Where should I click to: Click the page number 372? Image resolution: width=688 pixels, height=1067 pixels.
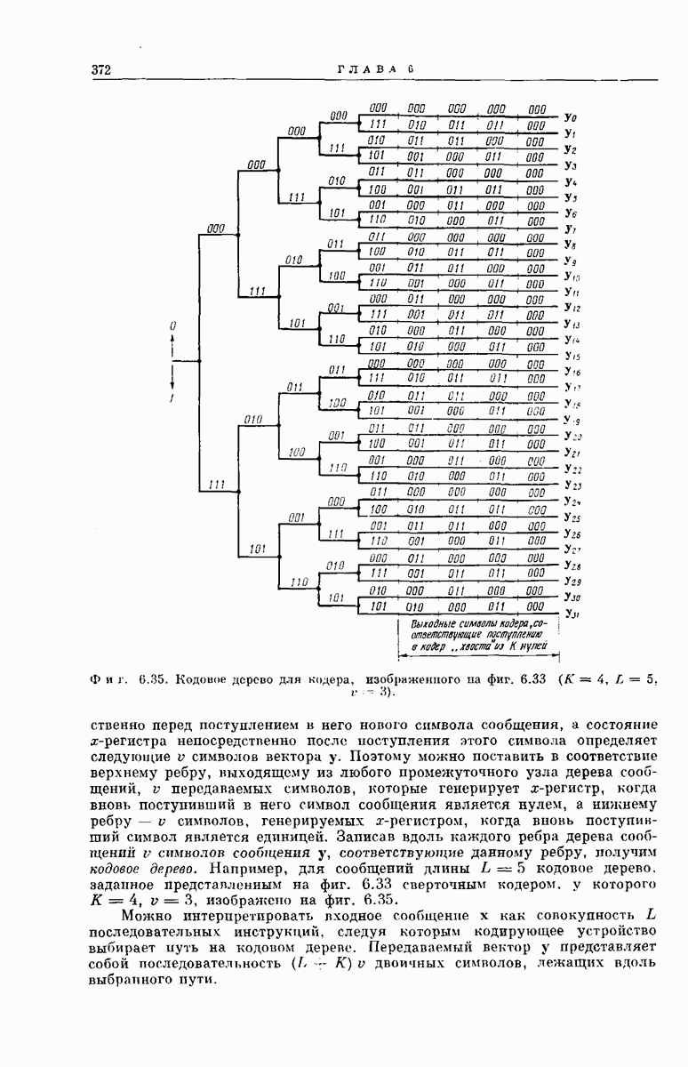[100, 70]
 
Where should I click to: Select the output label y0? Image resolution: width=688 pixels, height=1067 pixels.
[571, 117]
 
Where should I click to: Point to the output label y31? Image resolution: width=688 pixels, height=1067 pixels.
[572, 614]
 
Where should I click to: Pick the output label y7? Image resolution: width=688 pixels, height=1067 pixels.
[571, 229]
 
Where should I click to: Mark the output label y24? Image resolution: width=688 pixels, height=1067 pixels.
[572, 501]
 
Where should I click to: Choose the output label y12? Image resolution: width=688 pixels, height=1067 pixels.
[572, 308]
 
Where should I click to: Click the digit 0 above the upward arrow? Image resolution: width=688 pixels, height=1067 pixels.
[173, 327]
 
